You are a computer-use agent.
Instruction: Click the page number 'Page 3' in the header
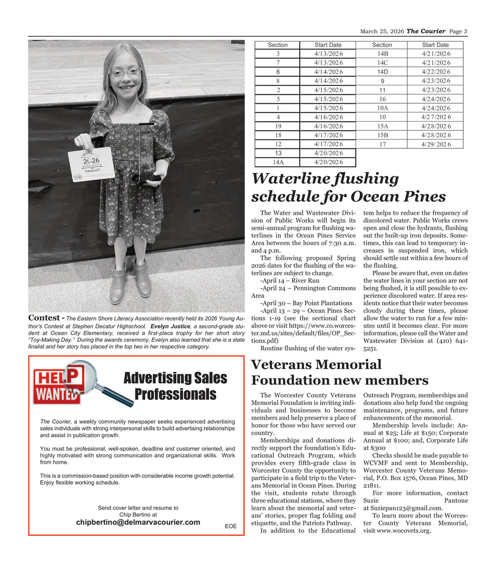(458, 32)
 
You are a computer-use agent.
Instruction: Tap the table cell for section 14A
(278, 162)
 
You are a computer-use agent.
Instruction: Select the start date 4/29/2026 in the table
(435, 144)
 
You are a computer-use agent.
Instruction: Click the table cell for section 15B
(382, 135)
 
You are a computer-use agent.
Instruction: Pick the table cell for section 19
(278, 126)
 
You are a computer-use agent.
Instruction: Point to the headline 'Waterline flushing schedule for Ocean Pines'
(349, 188)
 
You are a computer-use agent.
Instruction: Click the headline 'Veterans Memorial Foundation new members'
(340, 373)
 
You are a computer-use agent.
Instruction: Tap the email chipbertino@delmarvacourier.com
(138, 522)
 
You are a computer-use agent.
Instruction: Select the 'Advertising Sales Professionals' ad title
(175, 386)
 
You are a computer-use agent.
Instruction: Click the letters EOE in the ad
(231, 526)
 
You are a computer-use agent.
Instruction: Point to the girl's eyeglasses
(125, 72)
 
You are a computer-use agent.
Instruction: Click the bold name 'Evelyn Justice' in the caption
(171, 326)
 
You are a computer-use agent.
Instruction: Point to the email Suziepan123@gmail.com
(403, 508)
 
